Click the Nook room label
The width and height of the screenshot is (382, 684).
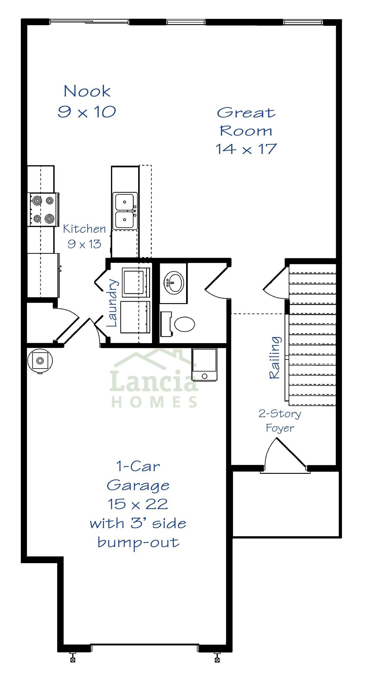[87, 91]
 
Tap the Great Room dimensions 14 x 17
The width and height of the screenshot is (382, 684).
[246, 149]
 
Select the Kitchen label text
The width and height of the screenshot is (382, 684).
[84, 229]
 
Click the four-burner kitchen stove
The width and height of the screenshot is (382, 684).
[43, 210]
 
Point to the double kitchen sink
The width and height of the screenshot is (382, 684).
[125, 211]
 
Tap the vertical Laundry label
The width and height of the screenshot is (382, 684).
[112, 303]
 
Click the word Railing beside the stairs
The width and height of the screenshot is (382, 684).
[275, 357]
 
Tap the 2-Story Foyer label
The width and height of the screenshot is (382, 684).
[280, 421]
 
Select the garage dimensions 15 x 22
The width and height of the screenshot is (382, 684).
[138, 504]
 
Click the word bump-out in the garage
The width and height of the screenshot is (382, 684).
[138, 542]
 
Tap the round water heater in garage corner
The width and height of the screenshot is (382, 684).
[40, 361]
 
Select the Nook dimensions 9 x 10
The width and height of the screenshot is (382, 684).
[87, 112]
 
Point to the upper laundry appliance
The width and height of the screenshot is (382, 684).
[136, 282]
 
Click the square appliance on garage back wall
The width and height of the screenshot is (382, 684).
[204, 365]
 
